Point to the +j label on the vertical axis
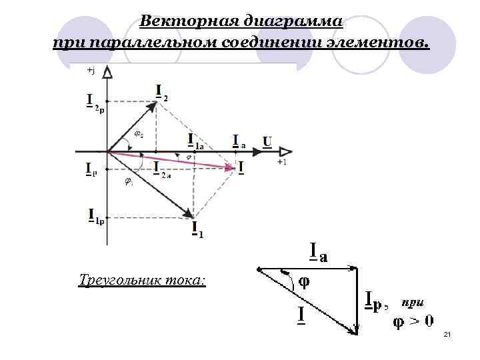click(91, 70)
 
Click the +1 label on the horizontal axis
click(283, 162)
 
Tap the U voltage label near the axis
click(267, 141)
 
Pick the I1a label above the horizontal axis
click(195, 142)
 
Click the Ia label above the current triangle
click(319, 253)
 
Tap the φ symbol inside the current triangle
click(303, 281)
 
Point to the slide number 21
click(447, 334)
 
